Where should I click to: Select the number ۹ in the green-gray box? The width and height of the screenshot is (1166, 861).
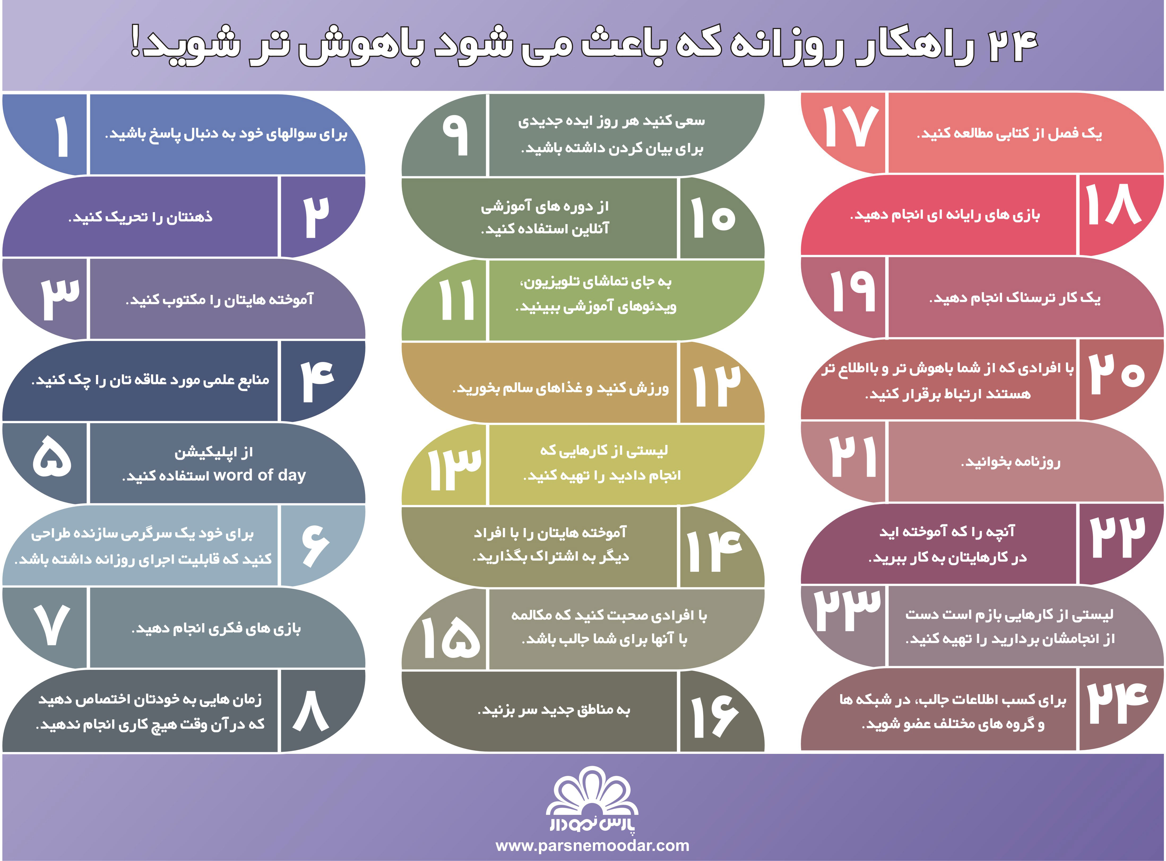[x=455, y=135]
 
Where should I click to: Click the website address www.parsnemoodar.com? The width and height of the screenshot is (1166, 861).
[x=592, y=845]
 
